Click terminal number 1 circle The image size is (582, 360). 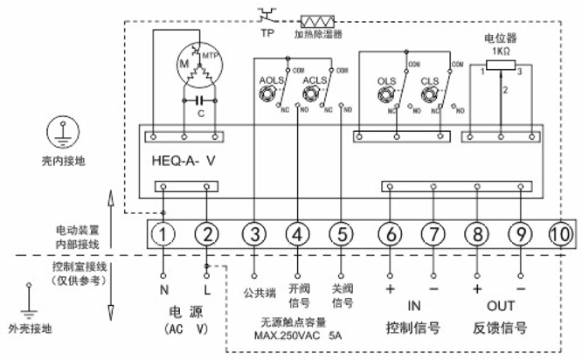tap(163, 233)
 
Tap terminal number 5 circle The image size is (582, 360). tap(343, 233)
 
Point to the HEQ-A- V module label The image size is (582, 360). tap(184, 159)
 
